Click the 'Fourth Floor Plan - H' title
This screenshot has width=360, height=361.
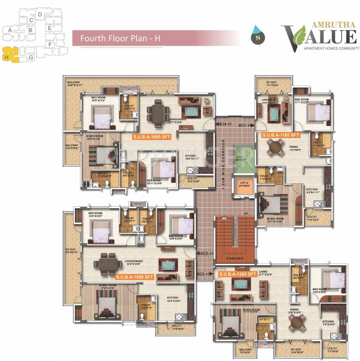tap(120, 39)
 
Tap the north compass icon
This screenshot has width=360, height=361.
tap(257, 36)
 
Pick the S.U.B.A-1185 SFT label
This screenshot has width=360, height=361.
tap(280, 135)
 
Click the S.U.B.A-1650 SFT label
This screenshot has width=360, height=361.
tap(135, 277)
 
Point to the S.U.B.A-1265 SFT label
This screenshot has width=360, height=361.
tap(238, 273)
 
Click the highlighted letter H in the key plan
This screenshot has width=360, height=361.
tap(7, 57)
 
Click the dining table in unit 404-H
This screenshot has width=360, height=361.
tap(156, 112)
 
